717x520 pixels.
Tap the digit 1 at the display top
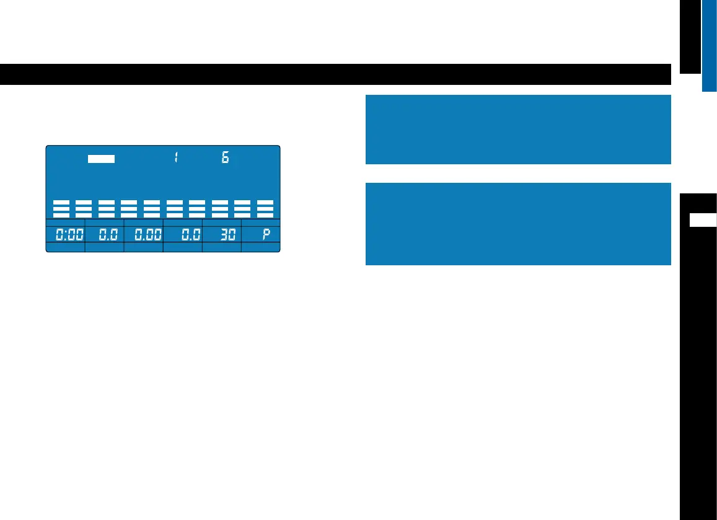coord(176,158)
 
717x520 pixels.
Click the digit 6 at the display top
coord(225,158)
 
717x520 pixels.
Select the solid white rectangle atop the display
coord(101,158)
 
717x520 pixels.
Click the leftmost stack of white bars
coord(61,209)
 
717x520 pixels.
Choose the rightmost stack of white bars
coord(265,209)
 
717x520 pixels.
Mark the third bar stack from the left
coord(107,209)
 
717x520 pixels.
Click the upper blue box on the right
coord(518,129)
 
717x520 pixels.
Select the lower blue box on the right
coord(518,223)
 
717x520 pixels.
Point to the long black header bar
coord(335,74)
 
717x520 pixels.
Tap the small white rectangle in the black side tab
coord(703,220)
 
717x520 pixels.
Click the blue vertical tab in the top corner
coord(710,45)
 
